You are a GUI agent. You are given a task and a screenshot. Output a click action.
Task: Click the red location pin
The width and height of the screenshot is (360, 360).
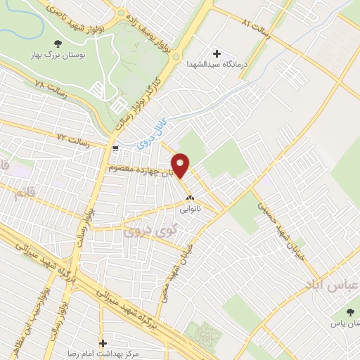coord(181,165)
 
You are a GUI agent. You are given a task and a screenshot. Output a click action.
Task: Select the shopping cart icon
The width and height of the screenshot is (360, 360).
coord(115,148)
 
